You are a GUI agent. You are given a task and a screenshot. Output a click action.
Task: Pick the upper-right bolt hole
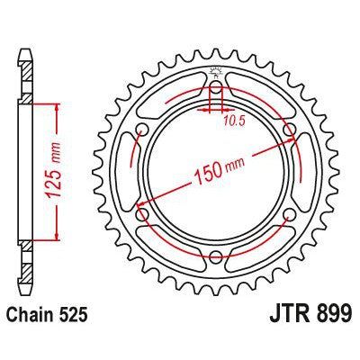click(290, 130)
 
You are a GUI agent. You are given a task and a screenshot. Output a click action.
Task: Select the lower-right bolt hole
click(290, 219)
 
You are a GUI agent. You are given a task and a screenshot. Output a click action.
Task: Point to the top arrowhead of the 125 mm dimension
click(58, 107)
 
